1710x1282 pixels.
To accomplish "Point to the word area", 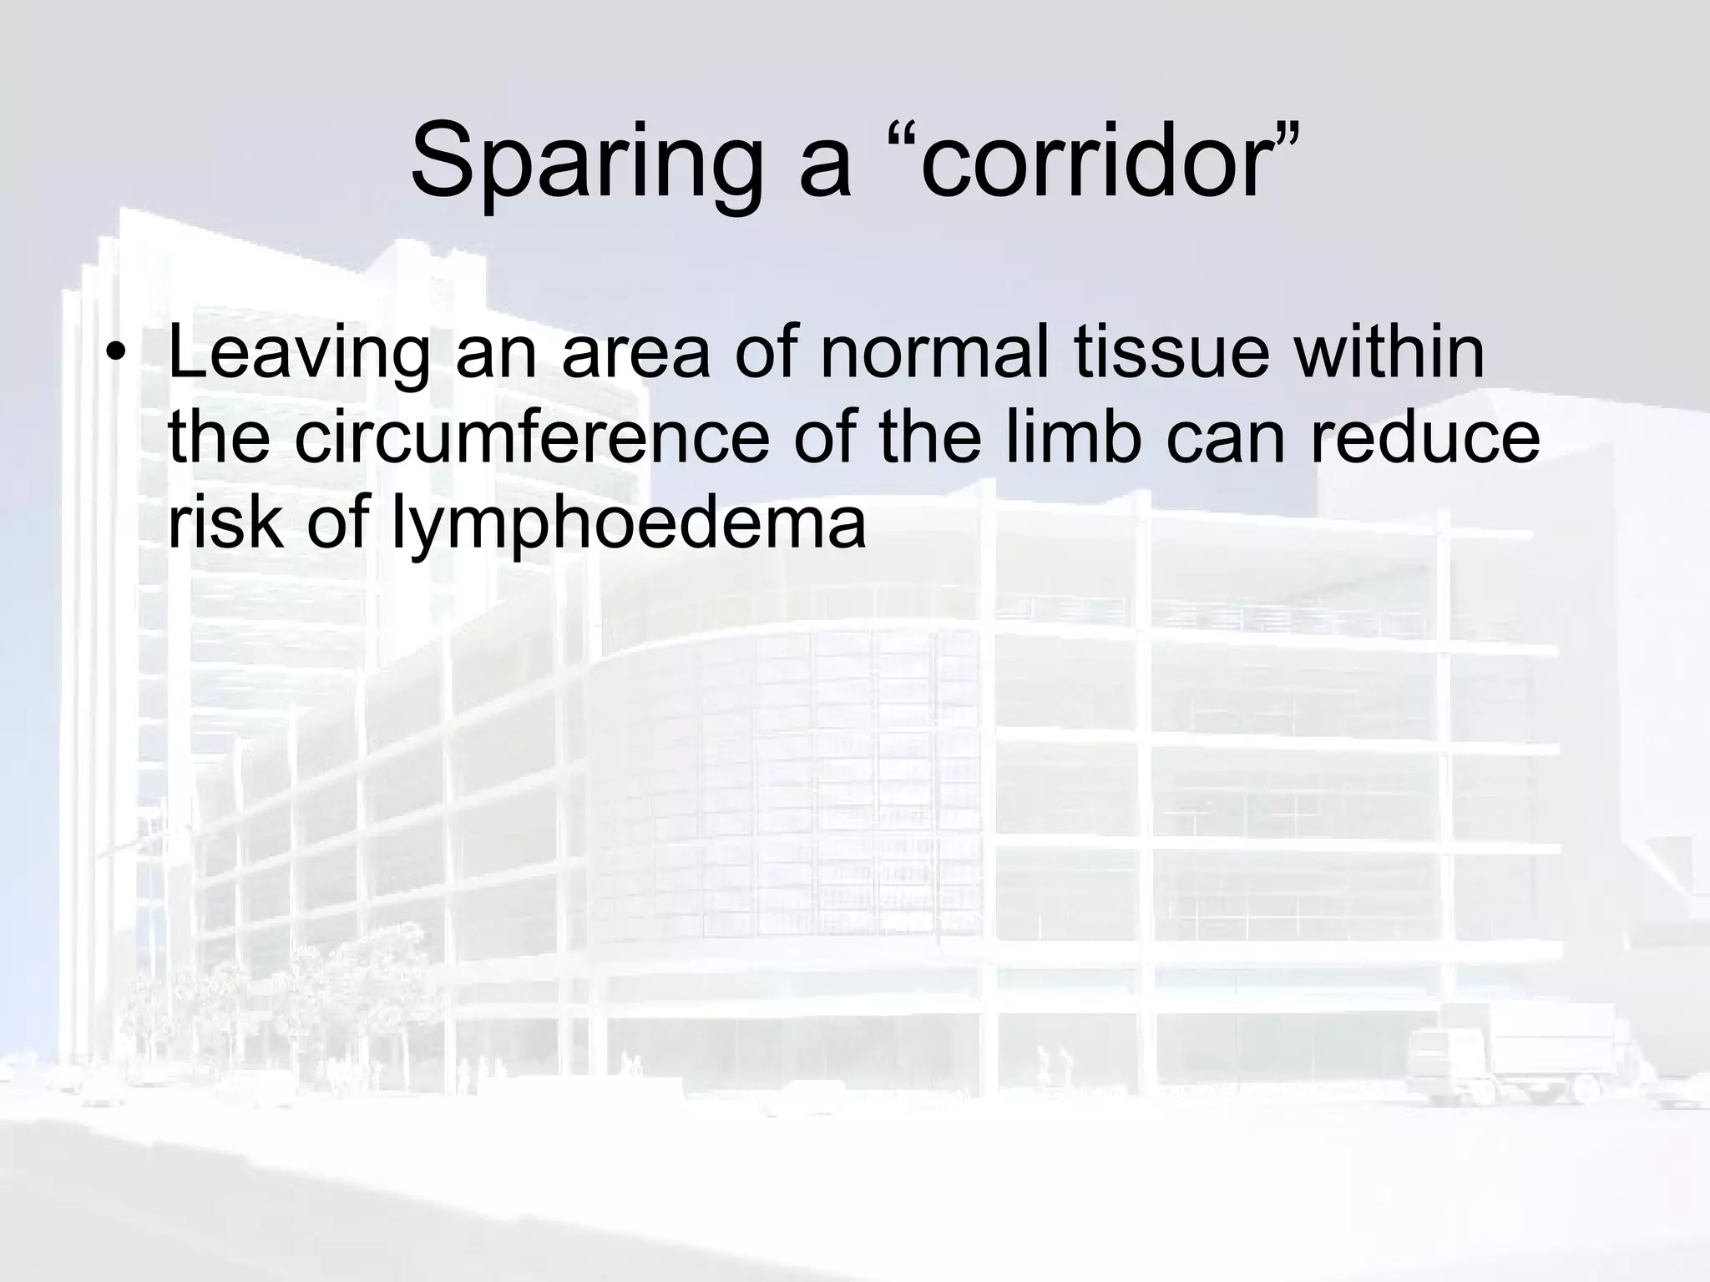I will point(635,355).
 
